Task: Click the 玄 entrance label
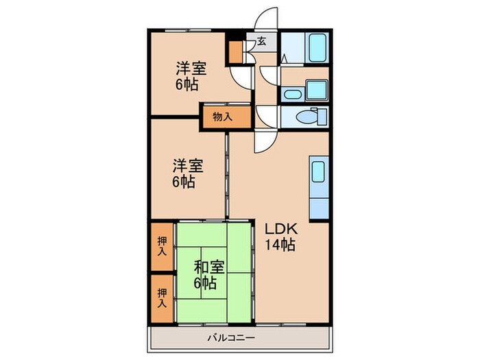[x=261, y=41]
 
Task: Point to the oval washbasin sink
[x=291, y=94]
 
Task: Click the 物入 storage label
[x=222, y=117]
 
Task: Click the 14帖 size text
[x=280, y=245]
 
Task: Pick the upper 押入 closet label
[x=162, y=246]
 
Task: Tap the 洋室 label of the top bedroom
[x=191, y=69]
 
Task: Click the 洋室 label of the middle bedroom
[x=187, y=166]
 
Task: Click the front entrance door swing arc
[x=266, y=21]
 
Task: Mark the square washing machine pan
[x=317, y=90]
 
